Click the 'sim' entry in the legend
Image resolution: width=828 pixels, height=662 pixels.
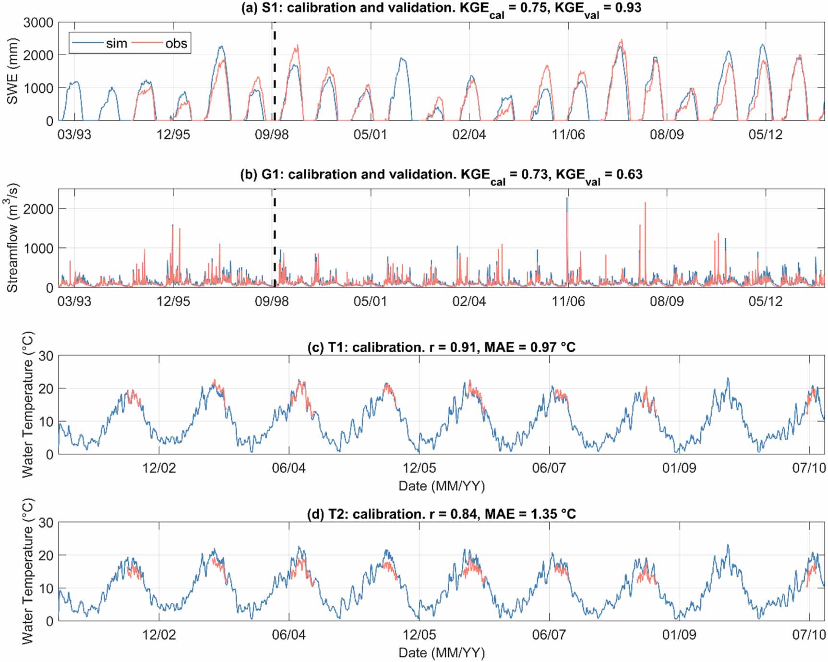pyautogui.click(x=116, y=44)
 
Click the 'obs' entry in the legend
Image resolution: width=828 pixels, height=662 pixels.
pyautogui.click(x=176, y=44)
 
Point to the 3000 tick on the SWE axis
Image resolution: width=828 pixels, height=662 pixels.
pyautogui.click(x=38, y=23)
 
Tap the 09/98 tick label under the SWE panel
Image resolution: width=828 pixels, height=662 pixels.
pyautogui.click(x=272, y=134)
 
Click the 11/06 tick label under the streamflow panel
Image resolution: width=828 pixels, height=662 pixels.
pyautogui.click(x=568, y=301)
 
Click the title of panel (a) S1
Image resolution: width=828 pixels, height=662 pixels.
pyautogui.click(x=441, y=9)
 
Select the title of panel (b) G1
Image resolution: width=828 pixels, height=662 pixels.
pyautogui.click(x=441, y=175)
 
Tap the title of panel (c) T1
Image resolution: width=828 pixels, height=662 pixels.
pyautogui.click(x=441, y=347)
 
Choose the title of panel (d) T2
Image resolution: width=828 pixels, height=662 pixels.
pyautogui.click(x=441, y=514)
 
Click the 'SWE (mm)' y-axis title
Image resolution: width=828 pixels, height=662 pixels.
pyautogui.click(x=12, y=71)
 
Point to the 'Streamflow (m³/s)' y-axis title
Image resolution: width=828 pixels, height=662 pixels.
pyautogui.click(x=12, y=238)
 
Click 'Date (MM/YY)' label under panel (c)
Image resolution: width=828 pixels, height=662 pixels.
pyautogui.click(x=442, y=486)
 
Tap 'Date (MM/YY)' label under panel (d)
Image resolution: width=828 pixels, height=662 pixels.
pyautogui.click(x=442, y=653)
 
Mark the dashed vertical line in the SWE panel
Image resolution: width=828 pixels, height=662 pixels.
pyautogui.click(x=274, y=72)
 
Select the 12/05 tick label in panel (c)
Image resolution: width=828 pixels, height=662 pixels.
pyautogui.click(x=419, y=468)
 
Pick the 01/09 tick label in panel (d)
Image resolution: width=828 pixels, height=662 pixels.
pyautogui.click(x=679, y=635)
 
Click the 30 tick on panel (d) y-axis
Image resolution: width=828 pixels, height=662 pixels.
pyautogui.click(x=46, y=523)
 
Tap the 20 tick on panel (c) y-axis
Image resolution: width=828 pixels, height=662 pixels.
pyautogui.click(x=46, y=389)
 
